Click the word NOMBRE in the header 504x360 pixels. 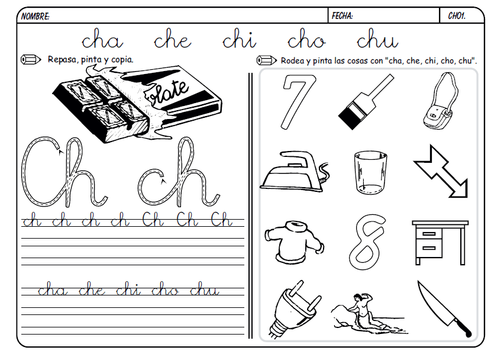pyautogui.click(x=35, y=17)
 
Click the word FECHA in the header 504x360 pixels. pyautogui.click(x=343, y=16)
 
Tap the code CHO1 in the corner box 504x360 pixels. pyautogui.click(x=457, y=16)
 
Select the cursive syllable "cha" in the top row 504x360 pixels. pyautogui.click(x=102, y=40)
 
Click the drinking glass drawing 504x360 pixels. pyautogui.click(x=371, y=172)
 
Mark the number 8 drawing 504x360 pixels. pyautogui.click(x=370, y=240)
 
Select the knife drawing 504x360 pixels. pyautogui.click(x=444, y=308)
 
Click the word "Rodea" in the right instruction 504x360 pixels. pyautogui.click(x=293, y=60)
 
